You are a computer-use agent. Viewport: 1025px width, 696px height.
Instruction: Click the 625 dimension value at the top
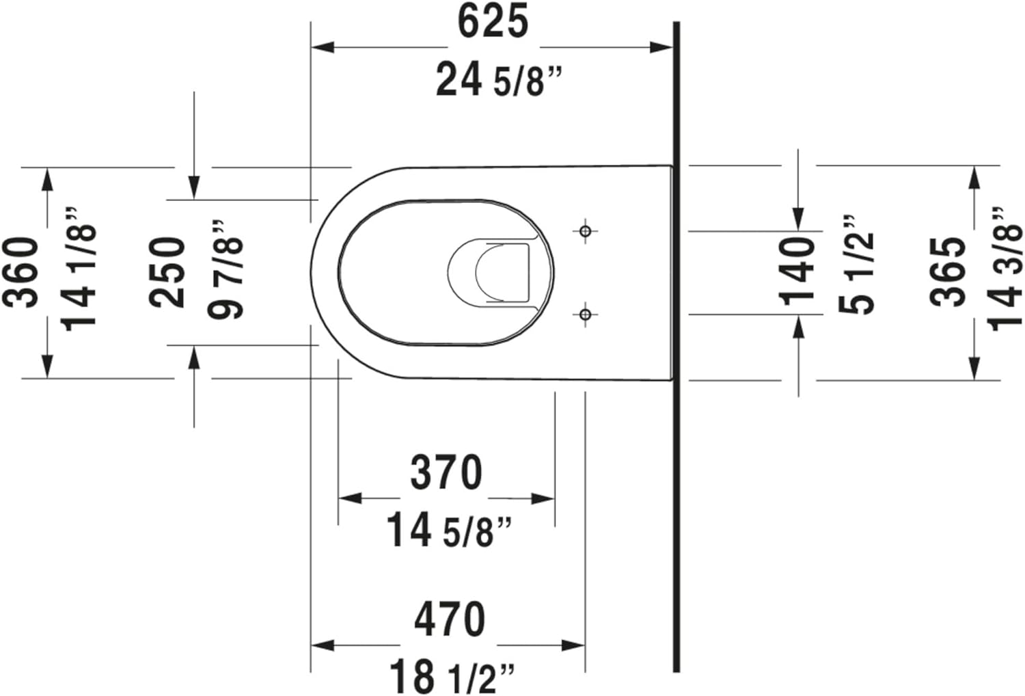pos(492,22)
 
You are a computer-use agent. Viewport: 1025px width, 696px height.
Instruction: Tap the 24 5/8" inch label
pos(498,80)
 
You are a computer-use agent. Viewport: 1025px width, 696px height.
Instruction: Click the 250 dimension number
pos(168,272)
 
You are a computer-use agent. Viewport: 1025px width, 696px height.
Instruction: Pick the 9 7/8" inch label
pos(226,269)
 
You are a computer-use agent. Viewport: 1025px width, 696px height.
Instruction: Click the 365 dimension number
pos(948,271)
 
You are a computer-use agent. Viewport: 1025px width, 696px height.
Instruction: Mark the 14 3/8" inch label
pos(1006,269)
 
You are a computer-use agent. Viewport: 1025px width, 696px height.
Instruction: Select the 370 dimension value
pos(446,472)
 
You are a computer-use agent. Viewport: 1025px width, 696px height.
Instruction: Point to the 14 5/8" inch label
pos(449,531)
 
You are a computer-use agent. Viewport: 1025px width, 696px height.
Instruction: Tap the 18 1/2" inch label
pos(451,676)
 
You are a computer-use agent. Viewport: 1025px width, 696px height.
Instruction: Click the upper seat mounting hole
pos(585,232)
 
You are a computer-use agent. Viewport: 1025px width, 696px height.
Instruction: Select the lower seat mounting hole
pos(585,314)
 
